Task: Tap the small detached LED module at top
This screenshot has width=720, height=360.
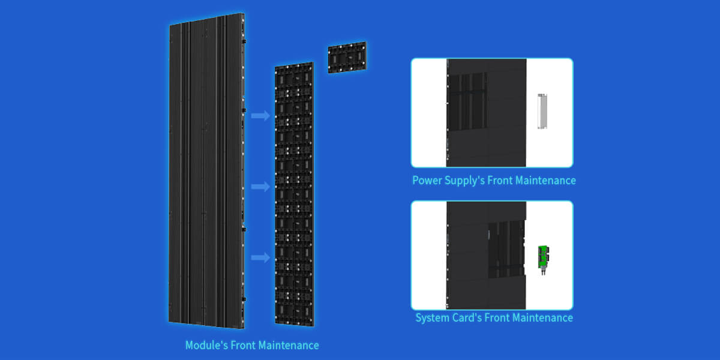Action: click(x=347, y=58)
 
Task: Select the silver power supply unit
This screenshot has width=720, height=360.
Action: click(x=543, y=111)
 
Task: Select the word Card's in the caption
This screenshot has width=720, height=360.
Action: click(x=469, y=317)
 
